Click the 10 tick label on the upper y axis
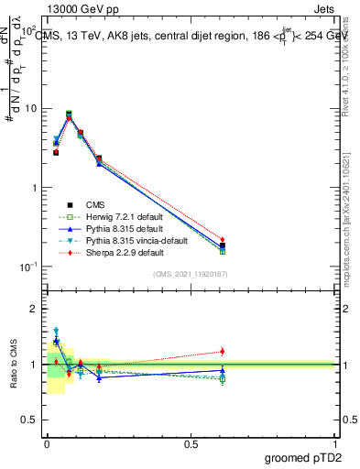tap(31, 109)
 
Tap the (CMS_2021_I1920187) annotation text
tap(190, 274)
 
